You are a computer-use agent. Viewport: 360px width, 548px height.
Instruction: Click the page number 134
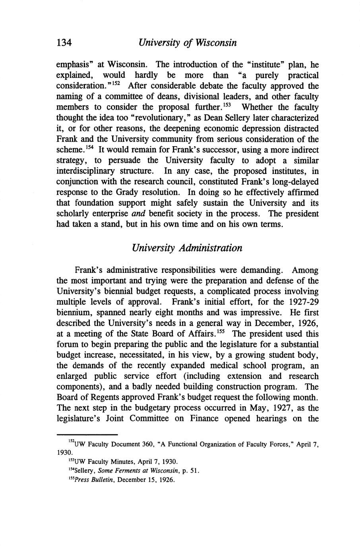pos(64,42)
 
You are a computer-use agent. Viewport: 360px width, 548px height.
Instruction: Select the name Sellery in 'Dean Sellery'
pos(223,118)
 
